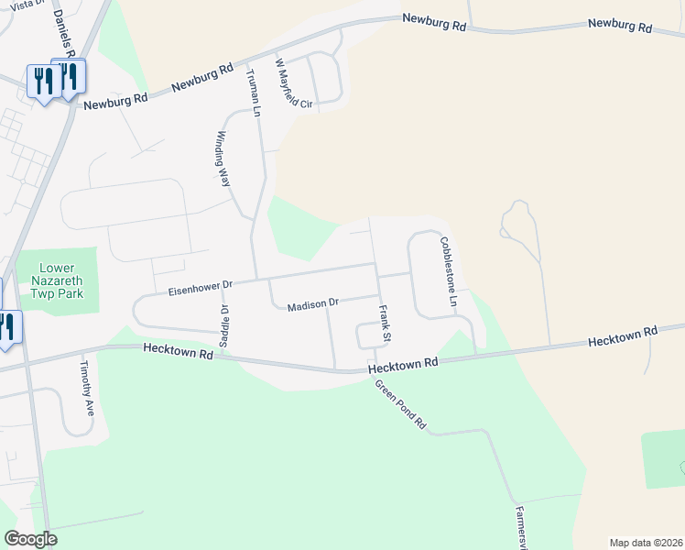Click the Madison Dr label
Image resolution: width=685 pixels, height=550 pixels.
(313, 304)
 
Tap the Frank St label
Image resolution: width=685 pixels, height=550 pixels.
(386, 325)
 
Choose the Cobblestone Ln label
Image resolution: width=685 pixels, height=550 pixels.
(448, 271)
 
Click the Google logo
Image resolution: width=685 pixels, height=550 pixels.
(30, 539)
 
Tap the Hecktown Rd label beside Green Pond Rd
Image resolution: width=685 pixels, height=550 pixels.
(404, 365)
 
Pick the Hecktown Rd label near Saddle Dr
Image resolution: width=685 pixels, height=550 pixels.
(178, 351)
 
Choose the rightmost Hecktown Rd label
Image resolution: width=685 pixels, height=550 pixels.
(623, 336)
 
